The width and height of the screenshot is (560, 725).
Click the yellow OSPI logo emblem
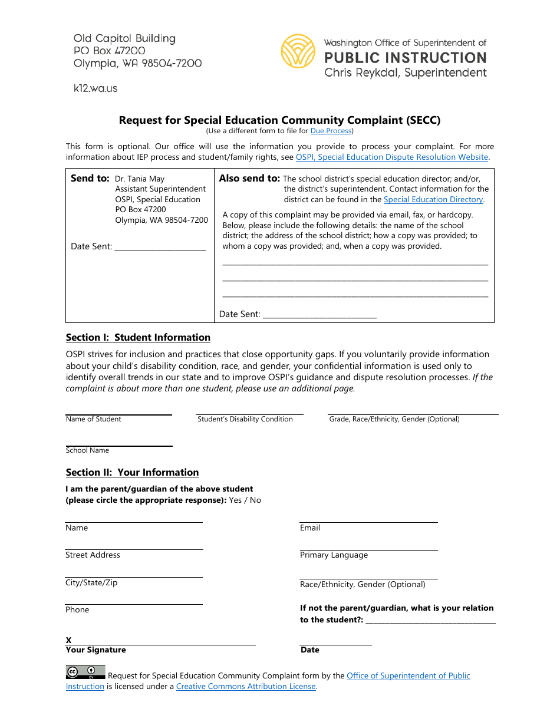click(x=298, y=51)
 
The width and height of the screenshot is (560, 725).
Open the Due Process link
click(x=331, y=131)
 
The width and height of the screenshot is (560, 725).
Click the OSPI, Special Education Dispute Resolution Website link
click(x=391, y=157)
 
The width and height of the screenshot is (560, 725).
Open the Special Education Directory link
click(x=433, y=200)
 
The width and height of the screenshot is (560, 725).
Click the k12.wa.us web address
click(x=95, y=88)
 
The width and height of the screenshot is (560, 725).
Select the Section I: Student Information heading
click(x=138, y=338)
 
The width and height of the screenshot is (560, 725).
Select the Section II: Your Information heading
click(x=132, y=473)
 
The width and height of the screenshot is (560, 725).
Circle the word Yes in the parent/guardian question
click(x=235, y=500)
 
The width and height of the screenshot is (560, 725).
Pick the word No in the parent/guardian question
click(x=255, y=500)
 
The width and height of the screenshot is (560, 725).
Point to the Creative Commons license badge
click(x=85, y=672)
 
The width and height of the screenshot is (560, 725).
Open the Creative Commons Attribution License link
click(x=246, y=687)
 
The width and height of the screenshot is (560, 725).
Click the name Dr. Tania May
click(x=140, y=179)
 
